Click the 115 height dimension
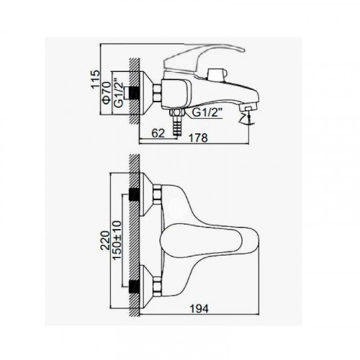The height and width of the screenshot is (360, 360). [95, 78]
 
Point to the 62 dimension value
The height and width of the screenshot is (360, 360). [158, 133]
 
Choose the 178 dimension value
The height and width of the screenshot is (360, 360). [198, 138]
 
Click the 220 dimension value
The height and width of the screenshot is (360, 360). [105, 240]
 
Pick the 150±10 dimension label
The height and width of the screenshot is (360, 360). [117, 240]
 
